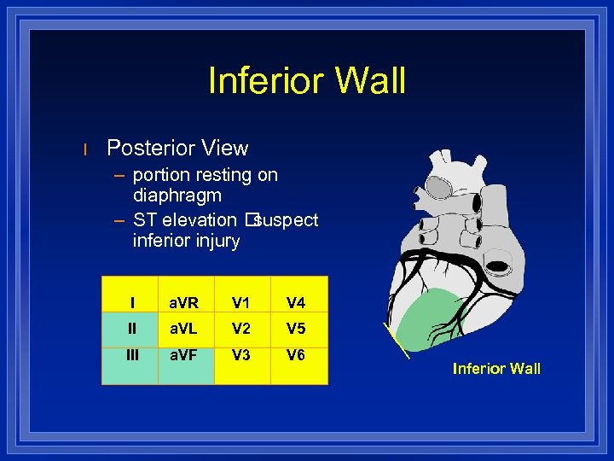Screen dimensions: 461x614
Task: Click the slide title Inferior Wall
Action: (x=307, y=81)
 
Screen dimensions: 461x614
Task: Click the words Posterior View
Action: (x=177, y=148)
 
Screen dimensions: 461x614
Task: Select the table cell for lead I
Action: (x=132, y=301)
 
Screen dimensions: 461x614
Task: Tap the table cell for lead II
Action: (x=132, y=329)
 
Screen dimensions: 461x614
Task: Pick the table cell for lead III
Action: (x=132, y=355)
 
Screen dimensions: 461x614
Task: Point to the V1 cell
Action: (x=241, y=301)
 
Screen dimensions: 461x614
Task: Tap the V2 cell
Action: (x=241, y=329)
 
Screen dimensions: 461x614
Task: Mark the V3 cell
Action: (x=241, y=355)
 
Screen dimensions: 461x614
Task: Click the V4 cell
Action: (x=297, y=301)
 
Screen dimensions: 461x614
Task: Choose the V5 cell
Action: (x=297, y=329)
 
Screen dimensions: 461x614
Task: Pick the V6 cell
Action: (x=297, y=355)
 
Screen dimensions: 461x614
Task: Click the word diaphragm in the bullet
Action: (x=177, y=195)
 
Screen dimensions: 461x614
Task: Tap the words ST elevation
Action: (x=185, y=220)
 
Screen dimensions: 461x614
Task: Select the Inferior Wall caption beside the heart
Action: (x=496, y=369)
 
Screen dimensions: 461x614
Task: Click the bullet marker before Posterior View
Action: (x=85, y=149)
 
